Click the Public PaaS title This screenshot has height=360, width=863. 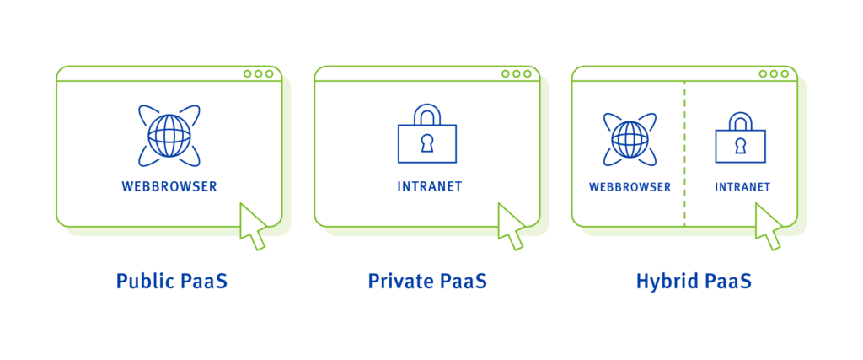pos(171,281)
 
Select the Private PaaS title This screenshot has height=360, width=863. pos(427,281)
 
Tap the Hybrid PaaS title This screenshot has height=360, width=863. pos(694,281)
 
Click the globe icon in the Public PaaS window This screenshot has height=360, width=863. pos(169,135)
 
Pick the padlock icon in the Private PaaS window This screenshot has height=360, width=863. pos(426,136)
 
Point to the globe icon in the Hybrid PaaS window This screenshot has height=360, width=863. pos(630,138)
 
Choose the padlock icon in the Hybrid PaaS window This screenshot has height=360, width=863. pos(741,138)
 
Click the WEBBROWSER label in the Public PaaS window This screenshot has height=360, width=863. pos(169,186)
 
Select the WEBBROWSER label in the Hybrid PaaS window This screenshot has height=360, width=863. pos(630,186)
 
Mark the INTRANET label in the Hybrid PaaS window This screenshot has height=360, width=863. pos(742,186)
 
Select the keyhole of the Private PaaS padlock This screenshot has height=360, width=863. pos(426,142)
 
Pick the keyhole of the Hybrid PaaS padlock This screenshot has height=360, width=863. pos(741,145)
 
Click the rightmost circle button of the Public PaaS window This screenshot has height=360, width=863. pos(270,73)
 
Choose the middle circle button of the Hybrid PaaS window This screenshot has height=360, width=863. pos(774,73)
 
